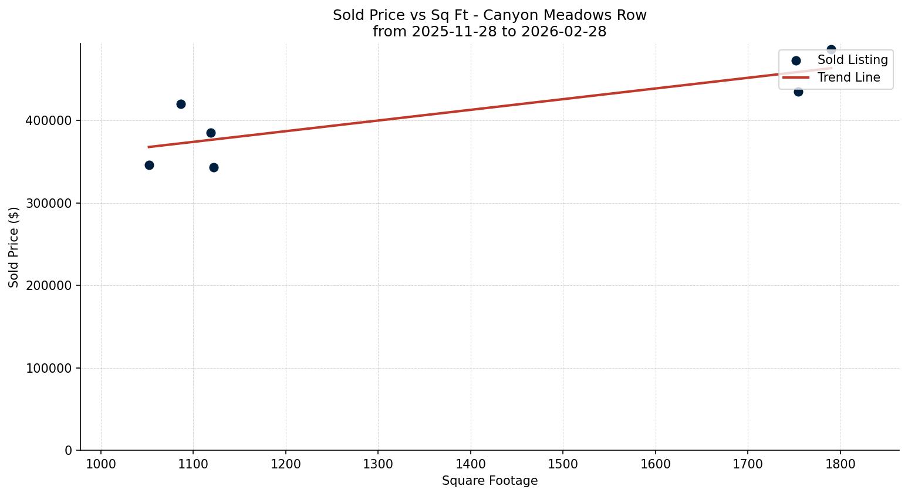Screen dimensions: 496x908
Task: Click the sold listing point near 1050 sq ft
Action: pos(149,166)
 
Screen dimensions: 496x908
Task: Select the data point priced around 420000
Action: pos(181,104)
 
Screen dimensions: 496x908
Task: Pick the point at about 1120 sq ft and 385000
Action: pos(211,133)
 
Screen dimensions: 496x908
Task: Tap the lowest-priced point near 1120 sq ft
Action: pos(214,168)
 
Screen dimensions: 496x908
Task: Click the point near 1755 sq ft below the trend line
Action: pos(798,92)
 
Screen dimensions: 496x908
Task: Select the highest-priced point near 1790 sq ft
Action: pos(831,50)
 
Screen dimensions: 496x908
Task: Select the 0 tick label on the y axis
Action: pos(69,451)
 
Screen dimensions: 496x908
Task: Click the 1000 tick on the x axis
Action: pos(101,465)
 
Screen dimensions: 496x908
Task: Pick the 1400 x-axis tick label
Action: pos(471,465)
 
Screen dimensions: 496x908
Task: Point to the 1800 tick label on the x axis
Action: pos(841,465)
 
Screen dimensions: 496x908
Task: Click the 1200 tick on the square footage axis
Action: pos(286,465)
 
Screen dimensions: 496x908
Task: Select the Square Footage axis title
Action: pos(490,481)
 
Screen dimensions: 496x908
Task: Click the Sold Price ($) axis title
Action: pos(14,247)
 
